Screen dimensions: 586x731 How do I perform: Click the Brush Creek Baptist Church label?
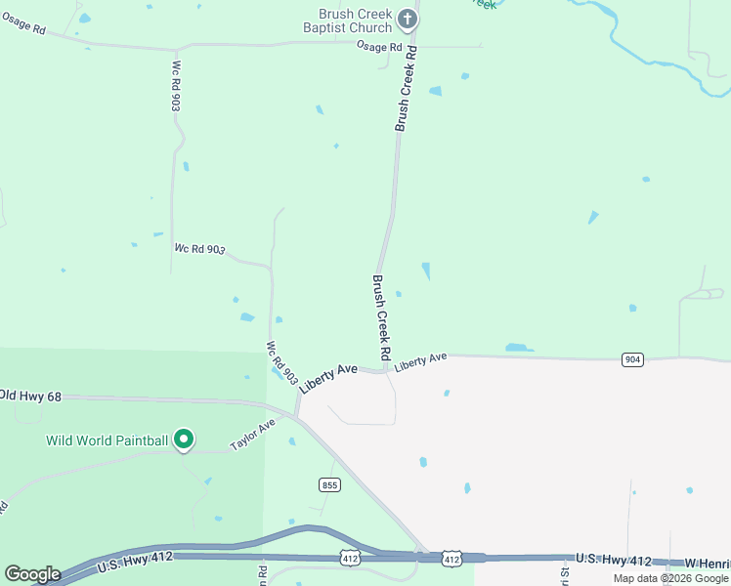pyautogui.click(x=355, y=21)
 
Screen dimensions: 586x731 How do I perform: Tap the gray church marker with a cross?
pyautogui.click(x=408, y=19)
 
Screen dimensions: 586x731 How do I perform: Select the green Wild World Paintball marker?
pyautogui.click(x=183, y=440)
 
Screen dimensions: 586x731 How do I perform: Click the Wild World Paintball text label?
pyautogui.click(x=107, y=440)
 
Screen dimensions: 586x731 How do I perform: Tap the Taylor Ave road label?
pyautogui.click(x=253, y=435)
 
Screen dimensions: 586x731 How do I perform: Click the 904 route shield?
pyautogui.click(x=632, y=360)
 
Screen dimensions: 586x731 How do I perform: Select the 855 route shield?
pyautogui.click(x=329, y=484)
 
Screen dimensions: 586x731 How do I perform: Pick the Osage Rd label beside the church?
pyautogui.click(x=379, y=46)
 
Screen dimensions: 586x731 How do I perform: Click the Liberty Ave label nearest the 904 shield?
pyautogui.click(x=421, y=360)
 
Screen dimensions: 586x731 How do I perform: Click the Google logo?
pyautogui.click(x=32, y=574)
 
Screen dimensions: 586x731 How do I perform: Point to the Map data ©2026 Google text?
pyautogui.click(x=670, y=578)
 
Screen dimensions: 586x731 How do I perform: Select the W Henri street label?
pyautogui.click(x=707, y=564)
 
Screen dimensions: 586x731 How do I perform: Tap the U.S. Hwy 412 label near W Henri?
pyautogui.click(x=613, y=559)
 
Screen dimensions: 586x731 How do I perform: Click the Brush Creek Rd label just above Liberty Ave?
pyautogui.click(x=381, y=315)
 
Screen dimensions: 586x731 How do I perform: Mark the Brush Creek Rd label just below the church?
pyautogui.click(x=407, y=88)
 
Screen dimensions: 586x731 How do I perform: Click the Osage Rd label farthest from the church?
pyautogui.click(x=24, y=29)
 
